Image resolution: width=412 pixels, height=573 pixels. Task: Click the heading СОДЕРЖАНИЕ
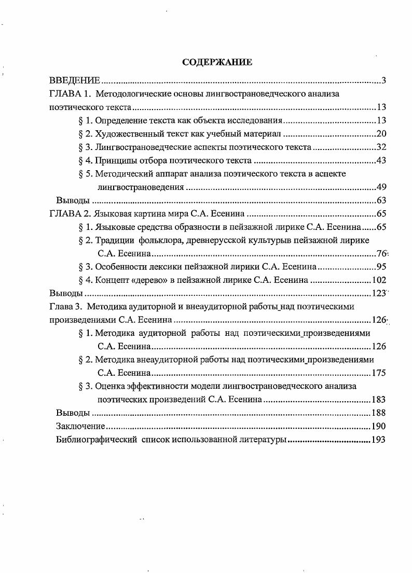click(x=217, y=62)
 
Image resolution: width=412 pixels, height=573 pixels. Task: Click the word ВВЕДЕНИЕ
click(x=74, y=80)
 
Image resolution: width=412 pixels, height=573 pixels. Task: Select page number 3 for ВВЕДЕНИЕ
click(x=383, y=80)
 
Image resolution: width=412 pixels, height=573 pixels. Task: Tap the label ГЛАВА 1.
click(x=70, y=94)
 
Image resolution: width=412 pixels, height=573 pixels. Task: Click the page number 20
click(x=381, y=134)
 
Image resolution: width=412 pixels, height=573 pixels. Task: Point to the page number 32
click(x=381, y=147)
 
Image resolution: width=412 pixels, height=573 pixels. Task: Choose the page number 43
click(x=381, y=160)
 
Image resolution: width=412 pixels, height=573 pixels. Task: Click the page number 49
click(x=381, y=187)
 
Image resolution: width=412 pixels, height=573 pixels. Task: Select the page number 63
click(x=381, y=200)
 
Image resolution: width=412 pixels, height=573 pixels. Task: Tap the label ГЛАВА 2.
click(x=70, y=214)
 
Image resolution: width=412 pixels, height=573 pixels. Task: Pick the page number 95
click(x=381, y=267)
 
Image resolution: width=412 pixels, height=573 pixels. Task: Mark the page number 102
click(x=379, y=280)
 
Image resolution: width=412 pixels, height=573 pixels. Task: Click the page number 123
click(x=379, y=293)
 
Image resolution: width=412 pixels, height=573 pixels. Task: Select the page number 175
click(x=379, y=373)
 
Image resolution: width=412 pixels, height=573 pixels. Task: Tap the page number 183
click(x=379, y=400)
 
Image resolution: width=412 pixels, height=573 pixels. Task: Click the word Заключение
click(x=80, y=426)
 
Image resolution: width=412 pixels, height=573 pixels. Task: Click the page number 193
click(x=379, y=440)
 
